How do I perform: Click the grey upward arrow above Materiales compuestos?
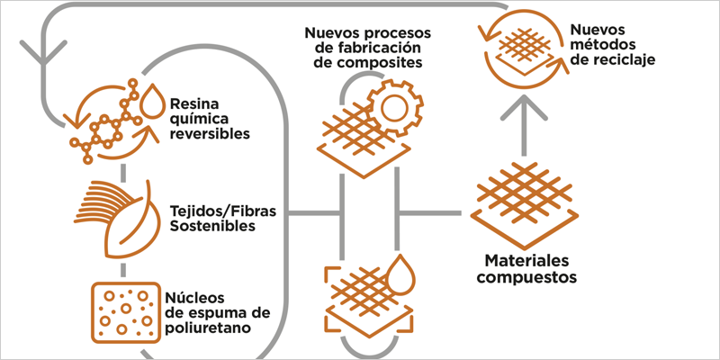(x=524, y=121)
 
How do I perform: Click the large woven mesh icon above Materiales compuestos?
(x=524, y=198)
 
